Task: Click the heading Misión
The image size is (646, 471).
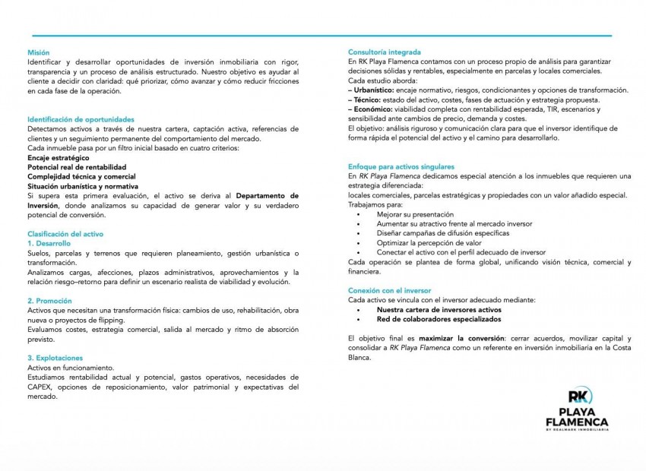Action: (x=38, y=52)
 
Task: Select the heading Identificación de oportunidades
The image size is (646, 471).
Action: (x=81, y=119)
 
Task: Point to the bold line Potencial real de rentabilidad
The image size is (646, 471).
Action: (x=77, y=166)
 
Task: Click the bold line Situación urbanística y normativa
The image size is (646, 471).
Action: (x=83, y=185)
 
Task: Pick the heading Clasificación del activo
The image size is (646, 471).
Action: (x=65, y=233)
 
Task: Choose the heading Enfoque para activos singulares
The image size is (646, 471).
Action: (x=401, y=166)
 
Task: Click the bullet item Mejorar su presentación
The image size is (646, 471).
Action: (x=414, y=214)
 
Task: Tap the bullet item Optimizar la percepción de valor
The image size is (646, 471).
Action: (x=429, y=242)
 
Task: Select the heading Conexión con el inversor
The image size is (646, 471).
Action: (x=389, y=290)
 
